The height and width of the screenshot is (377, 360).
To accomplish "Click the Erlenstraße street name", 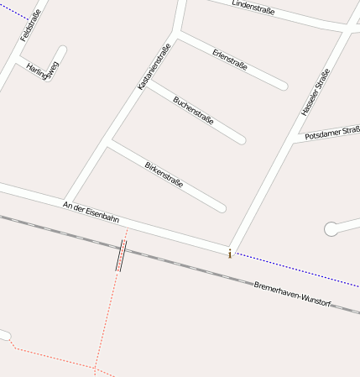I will click(229, 60).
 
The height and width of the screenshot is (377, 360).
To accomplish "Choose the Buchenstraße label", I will click(193, 110).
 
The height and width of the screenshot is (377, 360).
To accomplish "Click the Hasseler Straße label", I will click(315, 92).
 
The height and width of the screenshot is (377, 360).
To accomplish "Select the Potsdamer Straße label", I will click(332, 133).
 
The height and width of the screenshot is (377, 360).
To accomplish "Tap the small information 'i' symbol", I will click(229, 253).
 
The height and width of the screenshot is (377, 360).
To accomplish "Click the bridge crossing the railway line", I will click(123, 255).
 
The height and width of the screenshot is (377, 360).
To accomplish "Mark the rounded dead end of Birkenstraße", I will click(221, 207).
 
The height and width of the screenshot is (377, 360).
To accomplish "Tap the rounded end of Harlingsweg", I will click(62, 50).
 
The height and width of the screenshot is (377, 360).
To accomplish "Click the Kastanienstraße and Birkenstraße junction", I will click(107, 144).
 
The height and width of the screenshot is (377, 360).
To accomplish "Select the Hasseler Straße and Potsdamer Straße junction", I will click(295, 139).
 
